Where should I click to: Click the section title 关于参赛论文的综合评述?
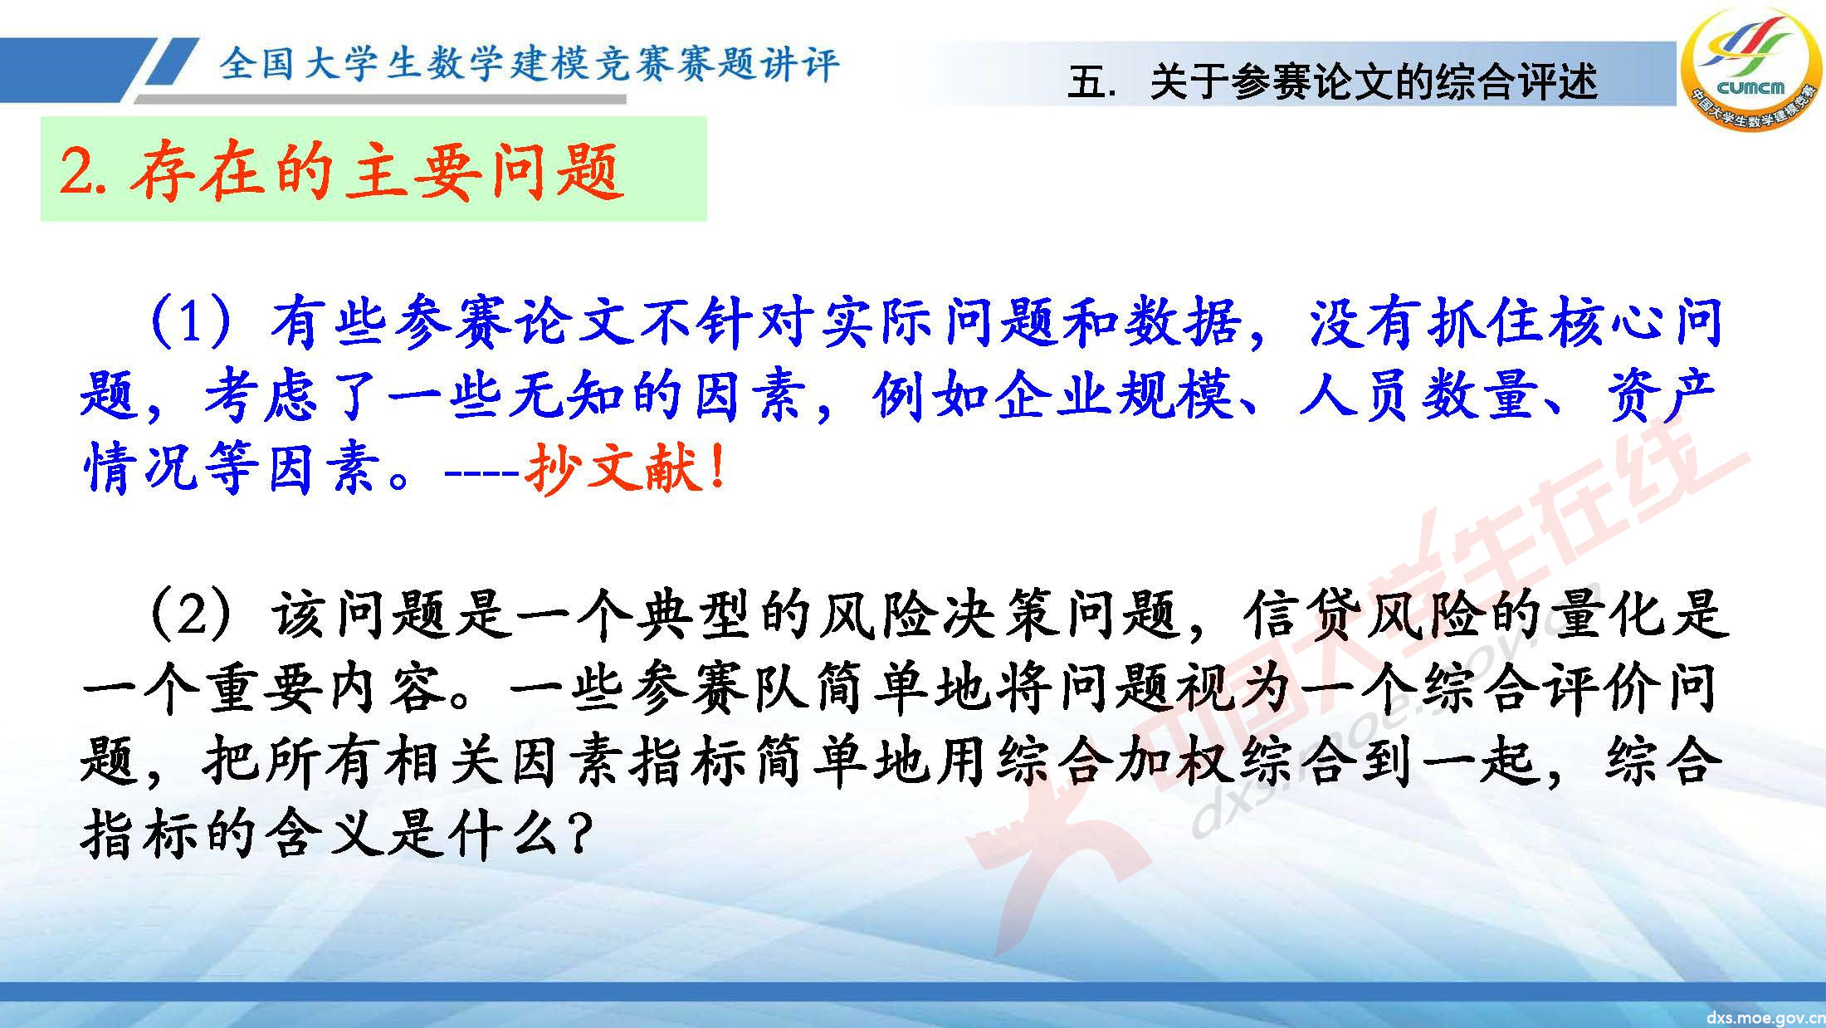(1373, 82)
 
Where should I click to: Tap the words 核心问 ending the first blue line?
(1635, 322)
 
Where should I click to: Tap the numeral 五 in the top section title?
(1087, 82)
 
